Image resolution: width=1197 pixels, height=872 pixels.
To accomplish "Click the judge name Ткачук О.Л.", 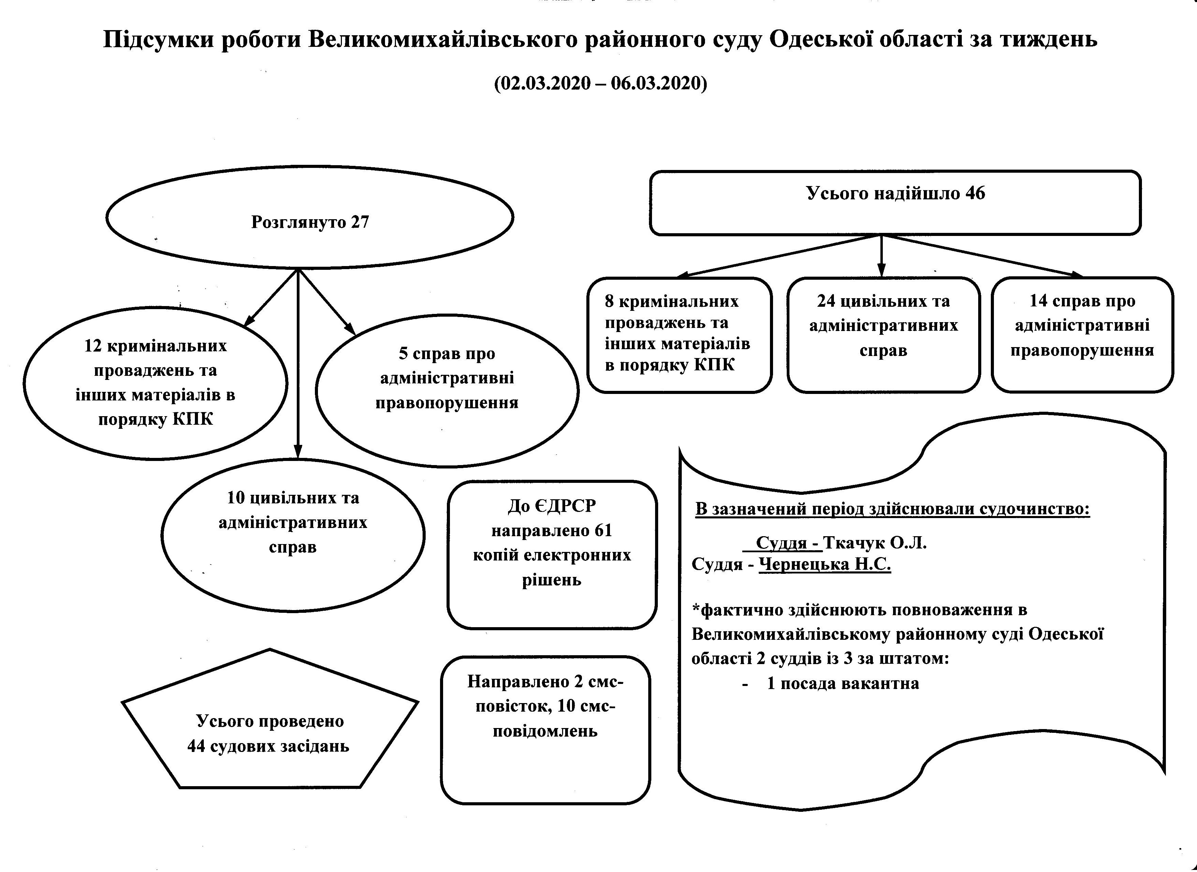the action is (x=875, y=543).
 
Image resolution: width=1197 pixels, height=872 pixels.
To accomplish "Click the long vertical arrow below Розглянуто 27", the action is (x=298, y=364).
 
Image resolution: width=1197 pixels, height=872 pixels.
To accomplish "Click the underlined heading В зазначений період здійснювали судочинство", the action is (x=892, y=510).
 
